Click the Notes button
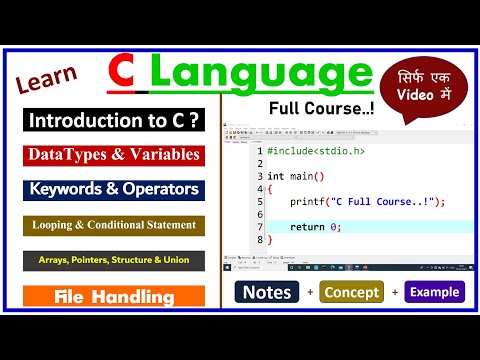265,292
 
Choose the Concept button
350,292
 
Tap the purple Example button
433,292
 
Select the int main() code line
296,176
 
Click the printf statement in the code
366,202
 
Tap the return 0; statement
316,227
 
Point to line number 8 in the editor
258,240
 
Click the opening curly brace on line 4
270,189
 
